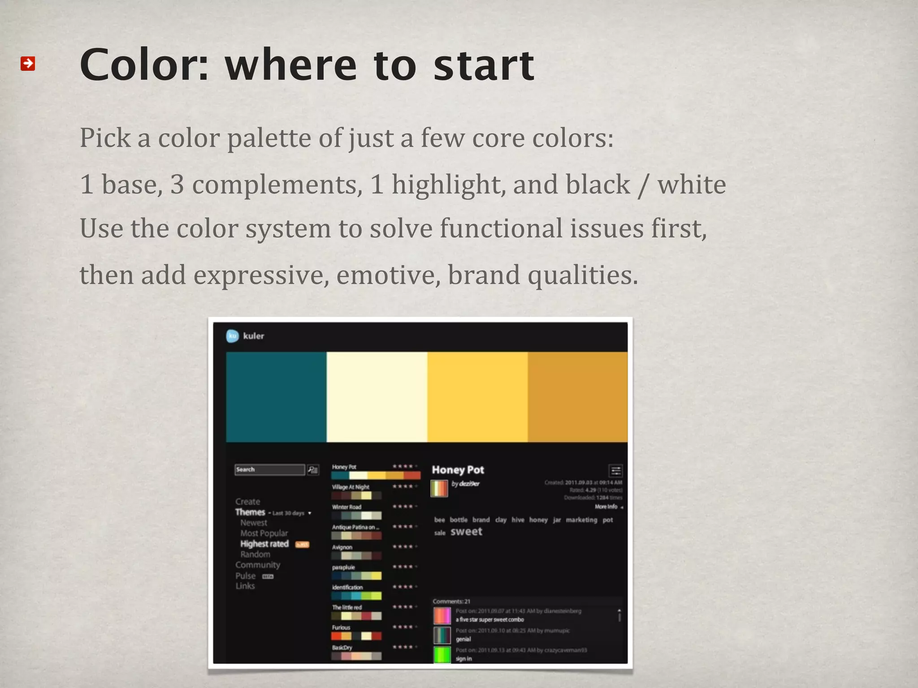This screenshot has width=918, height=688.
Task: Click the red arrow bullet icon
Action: click(28, 64)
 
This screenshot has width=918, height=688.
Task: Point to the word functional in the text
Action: click(501, 228)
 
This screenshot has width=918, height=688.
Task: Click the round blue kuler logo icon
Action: click(232, 336)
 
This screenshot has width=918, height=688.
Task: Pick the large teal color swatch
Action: click(276, 397)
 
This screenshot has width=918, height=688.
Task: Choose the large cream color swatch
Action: click(377, 397)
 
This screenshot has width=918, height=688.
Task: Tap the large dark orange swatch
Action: click(577, 397)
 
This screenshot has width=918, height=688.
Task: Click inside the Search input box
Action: click(270, 469)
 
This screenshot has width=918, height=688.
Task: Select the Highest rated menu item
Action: click(264, 544)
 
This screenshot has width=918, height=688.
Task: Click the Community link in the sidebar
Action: click(258, 565)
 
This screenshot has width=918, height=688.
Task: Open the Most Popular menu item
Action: click(264, 533)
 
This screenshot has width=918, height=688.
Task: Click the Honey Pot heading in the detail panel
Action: click(458, 470)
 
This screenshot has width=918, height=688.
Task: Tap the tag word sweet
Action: click(466, 532)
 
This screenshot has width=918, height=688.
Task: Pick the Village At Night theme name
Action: click(351, 487)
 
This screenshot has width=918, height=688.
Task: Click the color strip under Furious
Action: click(356, 636)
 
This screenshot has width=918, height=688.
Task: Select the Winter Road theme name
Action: click(346, 507)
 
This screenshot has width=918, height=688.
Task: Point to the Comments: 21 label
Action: click(451, 602)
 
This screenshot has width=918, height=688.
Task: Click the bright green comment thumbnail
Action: click(442, 655)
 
